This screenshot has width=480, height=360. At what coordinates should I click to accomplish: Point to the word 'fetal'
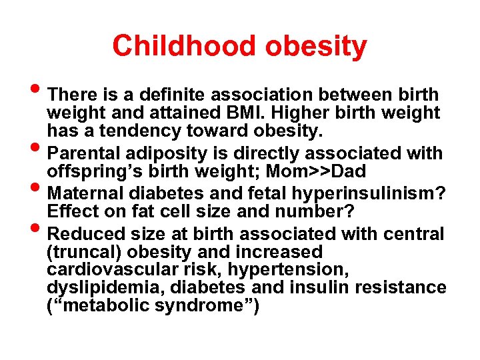point(271,193)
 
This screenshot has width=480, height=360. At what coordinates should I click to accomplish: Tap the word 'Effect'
point(70,212)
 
